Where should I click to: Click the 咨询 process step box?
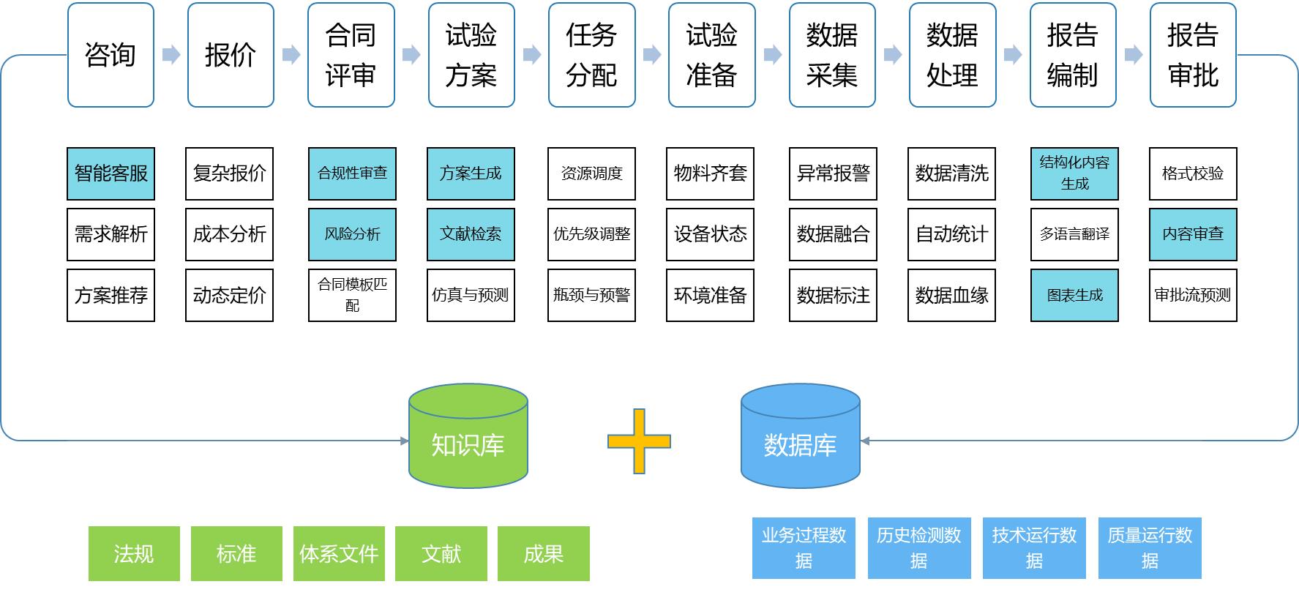point(111,55)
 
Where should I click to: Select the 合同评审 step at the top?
point(351,55)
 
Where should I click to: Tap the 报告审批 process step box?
point(1193,55)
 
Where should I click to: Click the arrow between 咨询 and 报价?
point(171,55)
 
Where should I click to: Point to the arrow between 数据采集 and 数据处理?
point(893,55)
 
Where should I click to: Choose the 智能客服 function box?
point(111,173)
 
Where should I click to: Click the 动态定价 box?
point(229,295)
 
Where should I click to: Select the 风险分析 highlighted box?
point(352,234)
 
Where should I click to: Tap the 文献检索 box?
point(471,234)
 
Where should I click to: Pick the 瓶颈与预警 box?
point(591,295)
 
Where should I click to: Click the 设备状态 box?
point(710,234)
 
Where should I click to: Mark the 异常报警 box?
point(833,173)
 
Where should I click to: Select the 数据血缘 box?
point(951,295)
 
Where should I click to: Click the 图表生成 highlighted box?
point(1074,295)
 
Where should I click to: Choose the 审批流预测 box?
point(1193,295)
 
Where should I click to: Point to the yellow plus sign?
point(639,441)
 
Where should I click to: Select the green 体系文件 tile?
point(339,554)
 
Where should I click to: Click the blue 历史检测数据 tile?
point(918,548)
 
